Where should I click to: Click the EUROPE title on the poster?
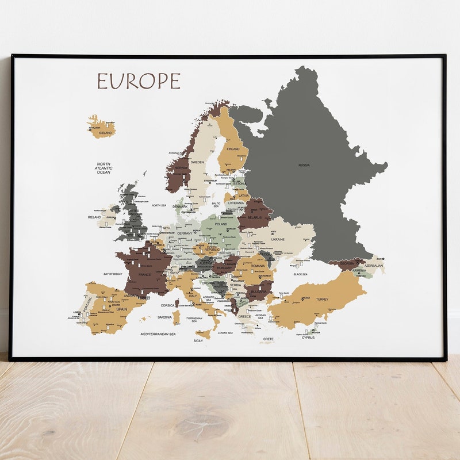[x=139, y=82]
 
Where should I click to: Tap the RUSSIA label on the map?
[x=304, y=165]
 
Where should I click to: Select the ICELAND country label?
[x=105, y=133]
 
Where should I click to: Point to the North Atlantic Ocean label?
[x=103, y=168]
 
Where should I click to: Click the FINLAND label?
[x=233, y=149]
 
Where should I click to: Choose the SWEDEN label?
[x=197, y=162]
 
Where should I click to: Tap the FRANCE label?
[x=144, y=275]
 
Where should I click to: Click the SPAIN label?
[x=122, y=309]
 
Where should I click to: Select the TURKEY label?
[x=322, y=299]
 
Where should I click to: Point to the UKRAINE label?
[x=278, y=239]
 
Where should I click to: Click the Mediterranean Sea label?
[x=158, y=333]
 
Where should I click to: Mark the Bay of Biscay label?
[x=114, y=274]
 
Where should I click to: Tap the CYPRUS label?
[x=308, y=338]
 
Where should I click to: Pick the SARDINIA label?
[x=164, y=317]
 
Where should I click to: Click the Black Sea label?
[x=300, y=274]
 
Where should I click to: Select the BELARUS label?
[x=254, y=218]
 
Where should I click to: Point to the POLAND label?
[x=221, y=224]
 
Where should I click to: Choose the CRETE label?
[x=269, y=339]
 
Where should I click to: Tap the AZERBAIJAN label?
[x=374, y=266]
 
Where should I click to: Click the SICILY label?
[x=198, y=341]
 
